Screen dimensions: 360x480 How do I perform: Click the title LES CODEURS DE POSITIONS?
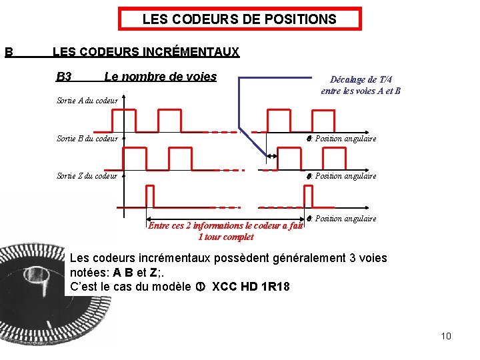pos(239,19)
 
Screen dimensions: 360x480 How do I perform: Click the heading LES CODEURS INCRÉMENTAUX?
pos(145,51)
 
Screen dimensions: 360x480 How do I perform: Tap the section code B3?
pos(64,77)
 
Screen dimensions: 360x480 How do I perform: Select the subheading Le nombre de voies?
pos(160,77)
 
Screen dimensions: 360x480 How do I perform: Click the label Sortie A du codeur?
pos(87,101)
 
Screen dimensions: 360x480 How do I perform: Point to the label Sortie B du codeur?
pos(87,139)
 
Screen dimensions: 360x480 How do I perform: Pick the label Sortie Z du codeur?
pos(87,176)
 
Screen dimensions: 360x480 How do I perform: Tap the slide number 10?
pos(446,336)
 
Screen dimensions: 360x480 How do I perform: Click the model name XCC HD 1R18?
pos(251,287)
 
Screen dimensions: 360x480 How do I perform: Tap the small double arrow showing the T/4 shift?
pos(272,157)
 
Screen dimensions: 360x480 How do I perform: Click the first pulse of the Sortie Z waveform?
pos(149,197)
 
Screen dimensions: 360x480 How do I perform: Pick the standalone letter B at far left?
pos(9,51)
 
